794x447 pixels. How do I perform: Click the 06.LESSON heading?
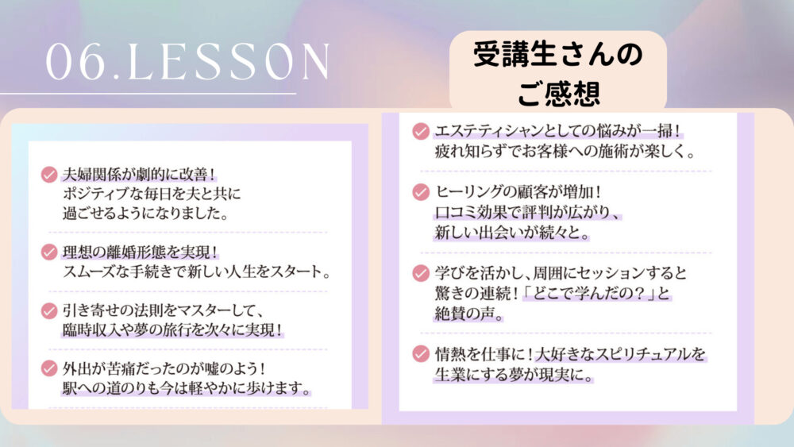coord(188,62)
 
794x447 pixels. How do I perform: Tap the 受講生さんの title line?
coord(557,55)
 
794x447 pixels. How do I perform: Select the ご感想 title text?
coord(558,93)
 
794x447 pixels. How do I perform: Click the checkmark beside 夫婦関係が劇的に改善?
coord(49,175)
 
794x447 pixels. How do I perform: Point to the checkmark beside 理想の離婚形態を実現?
coord(49,252)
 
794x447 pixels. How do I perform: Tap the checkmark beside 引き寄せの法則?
coord(49,310)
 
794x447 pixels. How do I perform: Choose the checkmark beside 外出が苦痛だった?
coord(49,368)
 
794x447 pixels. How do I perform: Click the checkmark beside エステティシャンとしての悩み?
coord(421,131)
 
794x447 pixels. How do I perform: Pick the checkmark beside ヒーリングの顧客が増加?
coord(421,192)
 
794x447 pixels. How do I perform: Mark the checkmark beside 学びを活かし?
coord(421,273)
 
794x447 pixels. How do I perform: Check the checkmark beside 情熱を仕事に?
coord(421,353)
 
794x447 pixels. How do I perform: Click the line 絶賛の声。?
coord(469,314)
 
